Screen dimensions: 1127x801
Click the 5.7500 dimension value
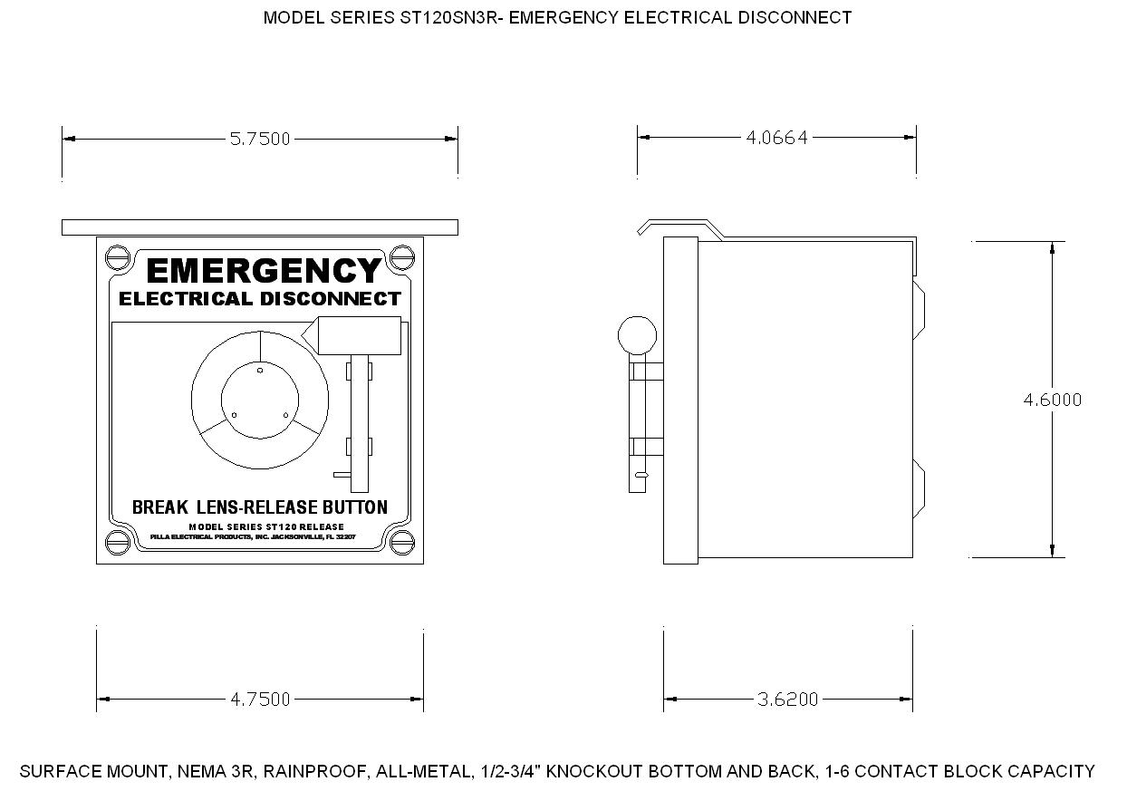pyautogui.click(x=260, y=139)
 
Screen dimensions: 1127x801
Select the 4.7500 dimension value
pyautogui.click(x=260, y=700)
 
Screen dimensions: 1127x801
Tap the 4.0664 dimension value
pyautogui.click(x=776, y=138)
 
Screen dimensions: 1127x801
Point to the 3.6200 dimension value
pyautogui.click(x=787, y=700)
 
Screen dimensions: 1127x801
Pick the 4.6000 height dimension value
pyautogui.click(x=1052, y=400)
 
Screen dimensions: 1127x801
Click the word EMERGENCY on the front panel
pyautogui.click(x=264, y=271)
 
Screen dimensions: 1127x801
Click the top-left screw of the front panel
pyautogui.click(x=118, y=257)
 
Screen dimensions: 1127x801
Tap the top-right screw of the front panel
pyautogui.click(x=402, y=257)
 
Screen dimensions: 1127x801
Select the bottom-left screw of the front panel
pyautogui.click(x=118, y=543)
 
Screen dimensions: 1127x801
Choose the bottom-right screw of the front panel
pyautogui.click(x=402, y=543)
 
